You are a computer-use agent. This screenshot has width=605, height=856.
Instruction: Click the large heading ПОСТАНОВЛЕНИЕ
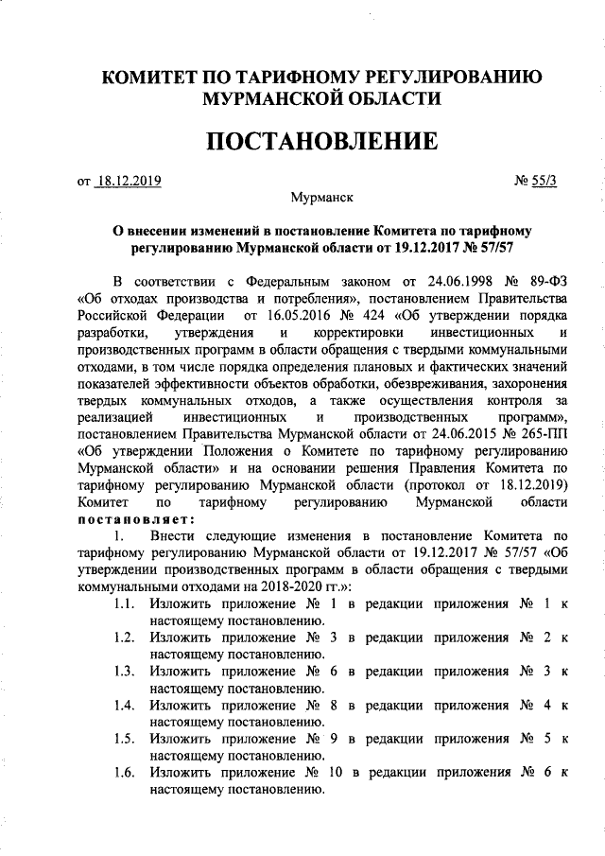coord(322,143)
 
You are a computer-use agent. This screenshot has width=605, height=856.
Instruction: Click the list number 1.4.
coord(120,705)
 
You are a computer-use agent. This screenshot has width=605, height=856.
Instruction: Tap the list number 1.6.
coord(120,773)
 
